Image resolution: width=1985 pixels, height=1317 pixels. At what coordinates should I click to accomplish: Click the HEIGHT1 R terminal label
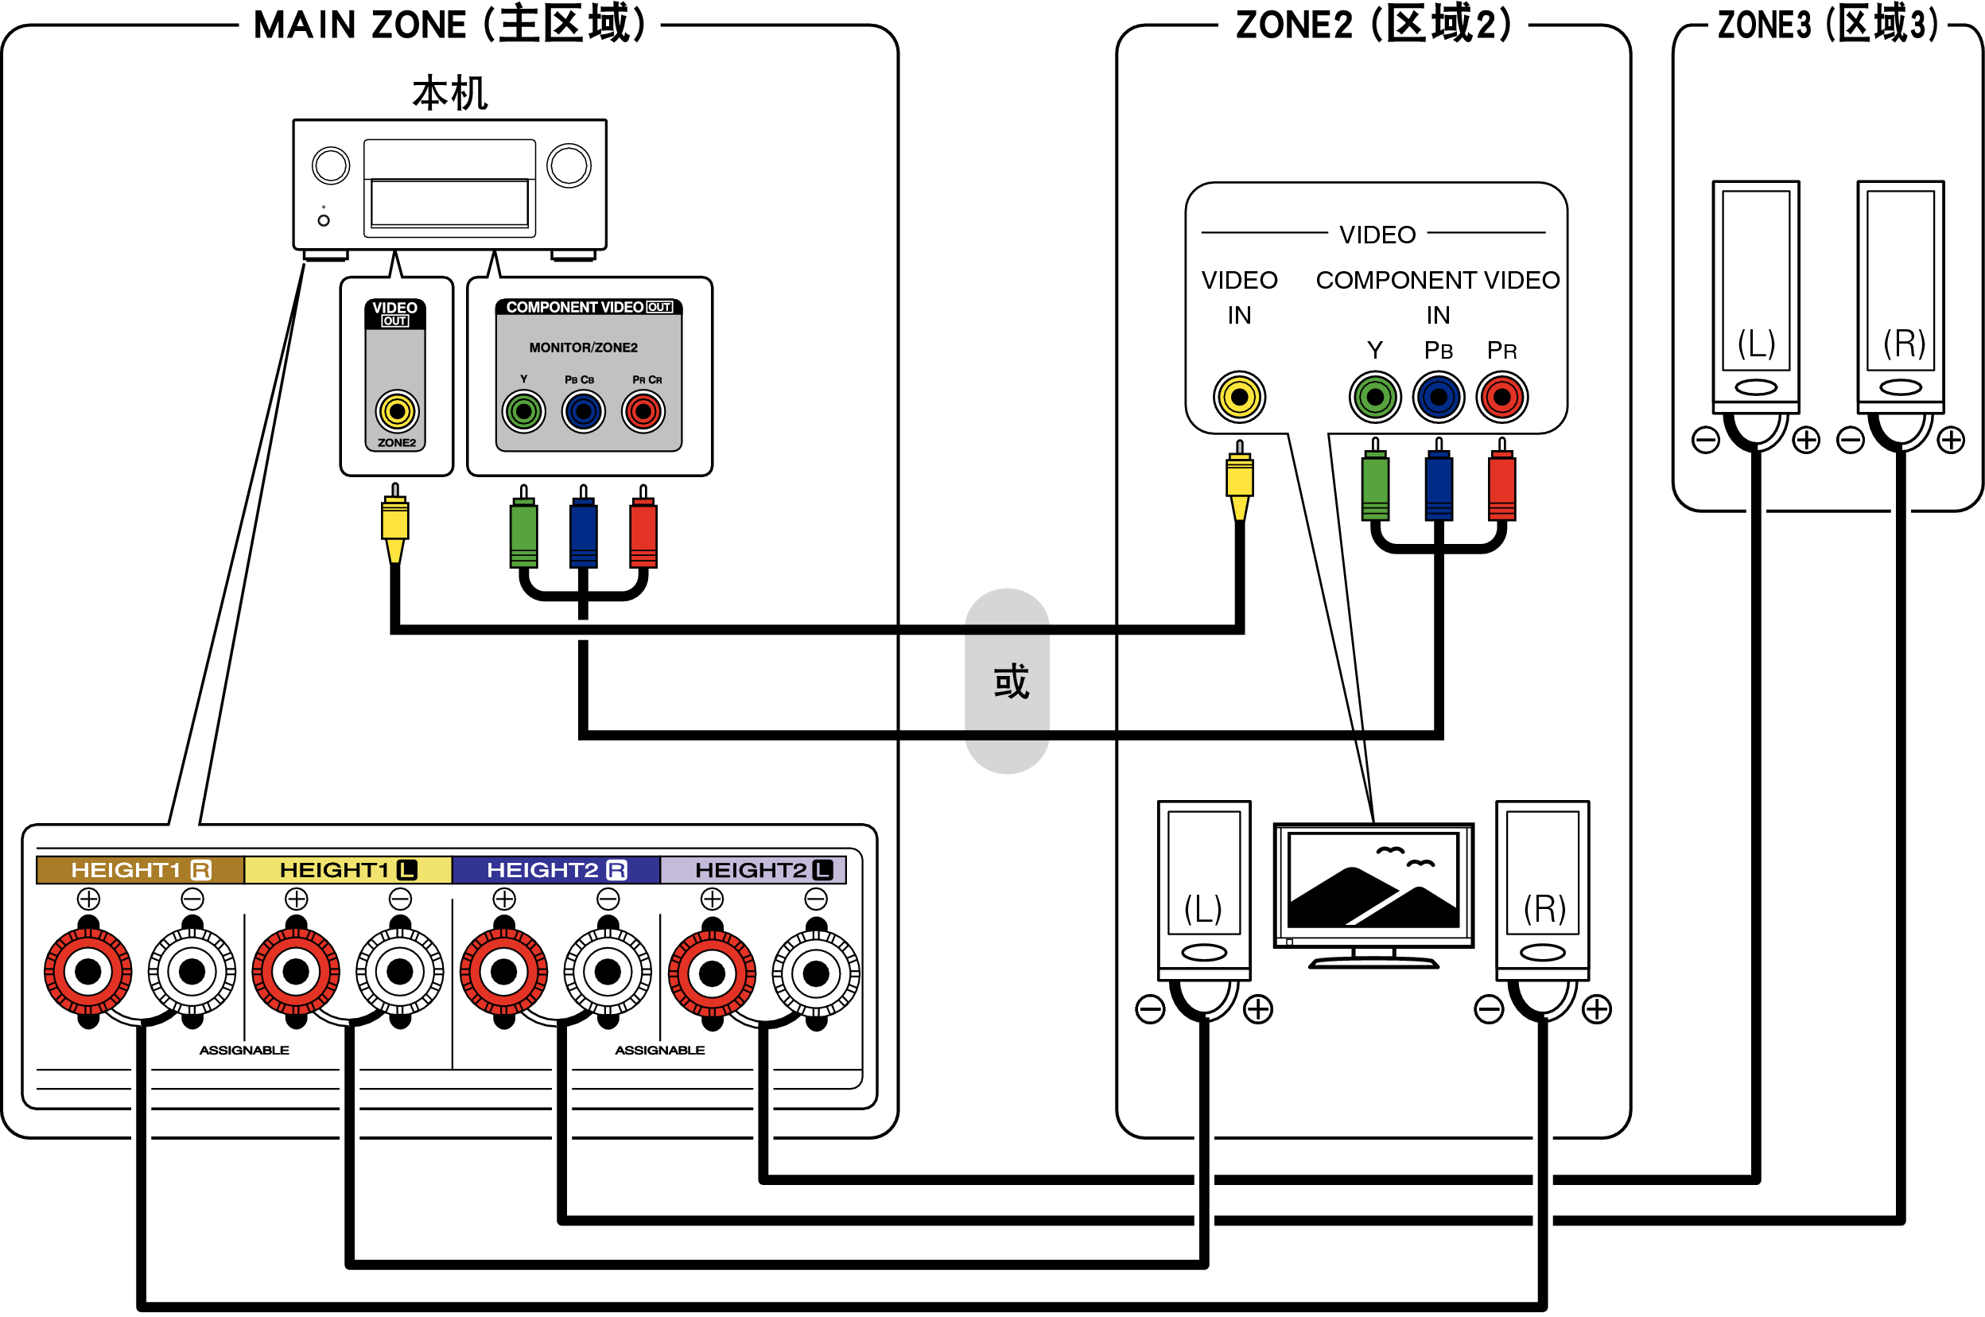pyautogui.click(x=139, y=869)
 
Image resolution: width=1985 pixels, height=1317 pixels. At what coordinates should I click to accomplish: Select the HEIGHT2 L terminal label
pyautogui.click(x=763, y=869)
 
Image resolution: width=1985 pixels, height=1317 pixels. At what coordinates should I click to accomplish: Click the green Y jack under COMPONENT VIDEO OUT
pyautogui.click(x=523, y=412)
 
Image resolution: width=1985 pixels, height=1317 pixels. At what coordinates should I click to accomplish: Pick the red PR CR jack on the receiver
pyautogui.click(x=643, y=412)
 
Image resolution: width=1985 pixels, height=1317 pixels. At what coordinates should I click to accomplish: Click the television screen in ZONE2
pyautogui.click(x=1373, y=880)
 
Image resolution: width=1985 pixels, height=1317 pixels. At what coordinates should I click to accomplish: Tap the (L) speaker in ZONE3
pyautogui.click(x=1755, y=294)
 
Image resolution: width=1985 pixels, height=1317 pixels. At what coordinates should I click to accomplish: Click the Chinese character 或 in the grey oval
pyautogui.click(x=1010, y=682)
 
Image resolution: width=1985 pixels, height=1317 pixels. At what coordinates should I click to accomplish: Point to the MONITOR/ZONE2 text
pyautogui.click(x=583, y=347)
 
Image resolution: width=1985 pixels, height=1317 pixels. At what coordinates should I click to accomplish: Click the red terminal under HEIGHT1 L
pyautogui.click(x=296, y=972)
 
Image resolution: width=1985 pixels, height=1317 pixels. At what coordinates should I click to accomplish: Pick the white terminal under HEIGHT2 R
pyautogui.click(x=607, y=972)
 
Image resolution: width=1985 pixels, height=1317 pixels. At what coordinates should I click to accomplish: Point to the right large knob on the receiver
pyautogui.click(x=569, y=165)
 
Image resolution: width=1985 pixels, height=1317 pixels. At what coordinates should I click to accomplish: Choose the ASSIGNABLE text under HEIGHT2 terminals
pyautogui.click(x=659, y=1050)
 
